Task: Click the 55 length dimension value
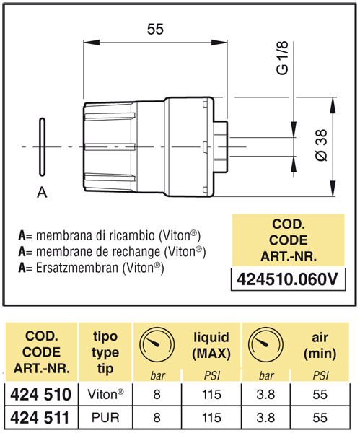(155, 29)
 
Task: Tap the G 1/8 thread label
(282, 58)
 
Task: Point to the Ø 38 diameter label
(321, 145)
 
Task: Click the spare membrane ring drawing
(43, 147)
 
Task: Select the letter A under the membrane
(42, 192)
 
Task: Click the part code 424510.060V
(287, 279)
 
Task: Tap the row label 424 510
(41, 394)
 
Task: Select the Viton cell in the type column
(105, 394)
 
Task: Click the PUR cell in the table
(105, 418)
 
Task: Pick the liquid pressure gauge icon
(157, 344)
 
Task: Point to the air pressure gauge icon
(265, 344)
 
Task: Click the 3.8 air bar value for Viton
(265, 394)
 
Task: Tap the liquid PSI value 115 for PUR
(211, 418)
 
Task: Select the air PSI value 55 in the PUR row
(320, 418)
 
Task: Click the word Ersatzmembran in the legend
(77, 268)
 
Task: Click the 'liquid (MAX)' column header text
(211, 345)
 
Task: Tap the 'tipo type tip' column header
(105, 352)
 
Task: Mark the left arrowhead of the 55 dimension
(92, 43)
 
